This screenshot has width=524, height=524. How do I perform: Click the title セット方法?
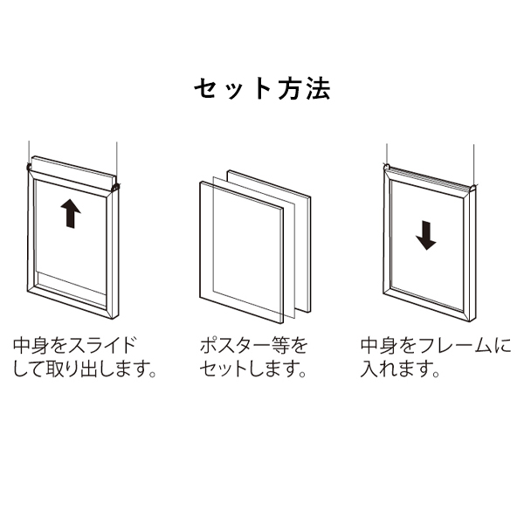point(262,89)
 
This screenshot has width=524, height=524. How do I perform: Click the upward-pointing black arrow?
point(71,214)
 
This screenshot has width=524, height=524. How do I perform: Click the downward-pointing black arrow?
point(426,235)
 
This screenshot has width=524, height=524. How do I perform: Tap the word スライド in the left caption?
point(102,346)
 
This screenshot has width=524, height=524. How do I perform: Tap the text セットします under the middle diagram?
point(248,369)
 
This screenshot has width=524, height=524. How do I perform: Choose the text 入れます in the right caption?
point(395,369)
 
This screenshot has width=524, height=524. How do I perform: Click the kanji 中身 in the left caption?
point(31,346)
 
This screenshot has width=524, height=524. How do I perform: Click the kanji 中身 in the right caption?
point(379,346)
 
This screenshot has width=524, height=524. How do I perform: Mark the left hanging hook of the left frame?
point(29,167)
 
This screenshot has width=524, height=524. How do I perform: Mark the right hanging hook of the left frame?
point(115,188)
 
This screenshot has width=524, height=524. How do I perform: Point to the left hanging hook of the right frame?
point(387,166)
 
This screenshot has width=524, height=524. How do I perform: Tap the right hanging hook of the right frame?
point(473,188)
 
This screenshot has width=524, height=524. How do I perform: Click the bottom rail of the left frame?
point(72,301)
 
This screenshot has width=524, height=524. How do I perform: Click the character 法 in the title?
point(319,89)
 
